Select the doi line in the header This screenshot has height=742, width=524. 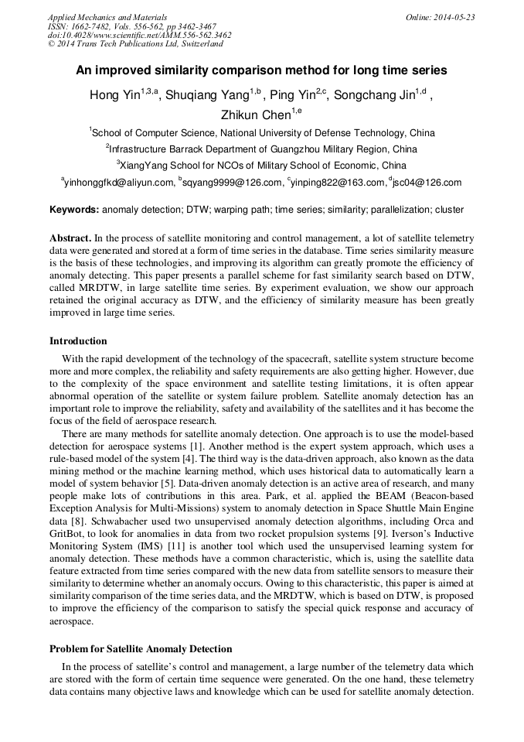(x=139, y=35)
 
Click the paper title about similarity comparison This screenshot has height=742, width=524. (x=261, y=70)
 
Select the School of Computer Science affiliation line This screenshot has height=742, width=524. (x=263, y=133)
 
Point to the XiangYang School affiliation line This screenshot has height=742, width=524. (x=263, y=166)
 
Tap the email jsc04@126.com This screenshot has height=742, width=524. (x=427, y=183)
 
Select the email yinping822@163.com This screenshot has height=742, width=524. (x=337, y=183)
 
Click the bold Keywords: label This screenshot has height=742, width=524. (x=74, y=210)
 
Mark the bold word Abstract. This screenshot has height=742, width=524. (x=71, y=238)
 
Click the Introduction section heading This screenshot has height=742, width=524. (x=78, y=341)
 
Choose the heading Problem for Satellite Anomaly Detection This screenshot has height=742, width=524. (x=141, y=648)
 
